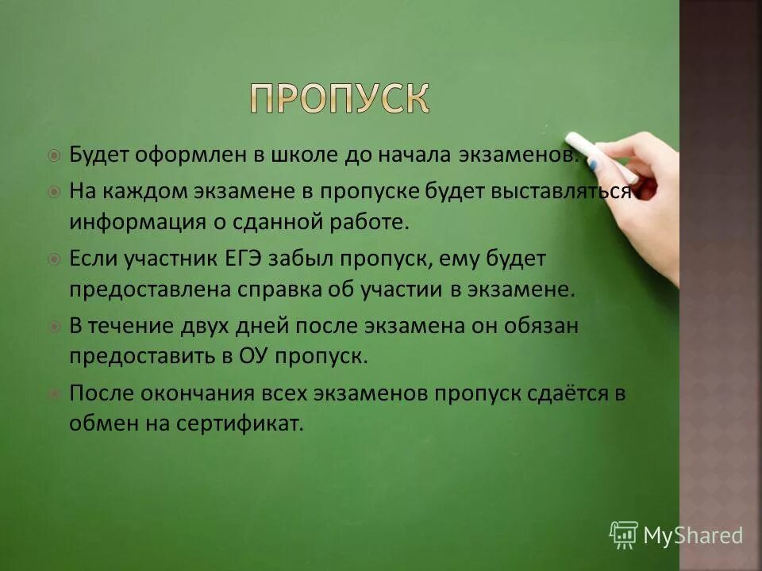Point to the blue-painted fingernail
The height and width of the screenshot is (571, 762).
[x=592, y=165]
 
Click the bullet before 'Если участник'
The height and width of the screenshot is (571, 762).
[x=53, y=259]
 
